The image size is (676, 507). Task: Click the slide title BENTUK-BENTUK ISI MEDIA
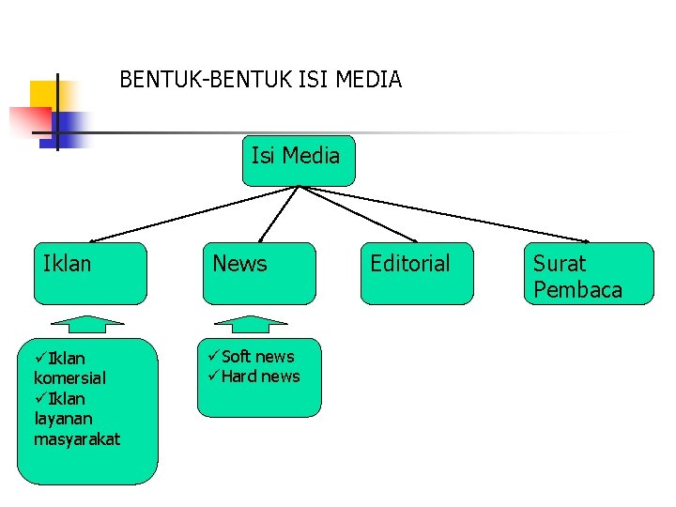[260, 80]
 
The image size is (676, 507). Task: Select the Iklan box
[90, 273]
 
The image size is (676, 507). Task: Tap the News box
[260, 273]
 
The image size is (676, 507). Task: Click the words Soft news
[257, 357]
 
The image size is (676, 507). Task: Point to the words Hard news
[260, 376]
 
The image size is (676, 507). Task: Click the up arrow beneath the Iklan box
[87, 324]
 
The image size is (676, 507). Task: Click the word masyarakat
[77, 438]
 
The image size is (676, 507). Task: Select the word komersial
[69, 377]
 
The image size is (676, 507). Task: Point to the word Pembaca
[577, 289]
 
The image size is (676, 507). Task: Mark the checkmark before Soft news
[211, 357]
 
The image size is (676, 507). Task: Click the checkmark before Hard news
[211, 376]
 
